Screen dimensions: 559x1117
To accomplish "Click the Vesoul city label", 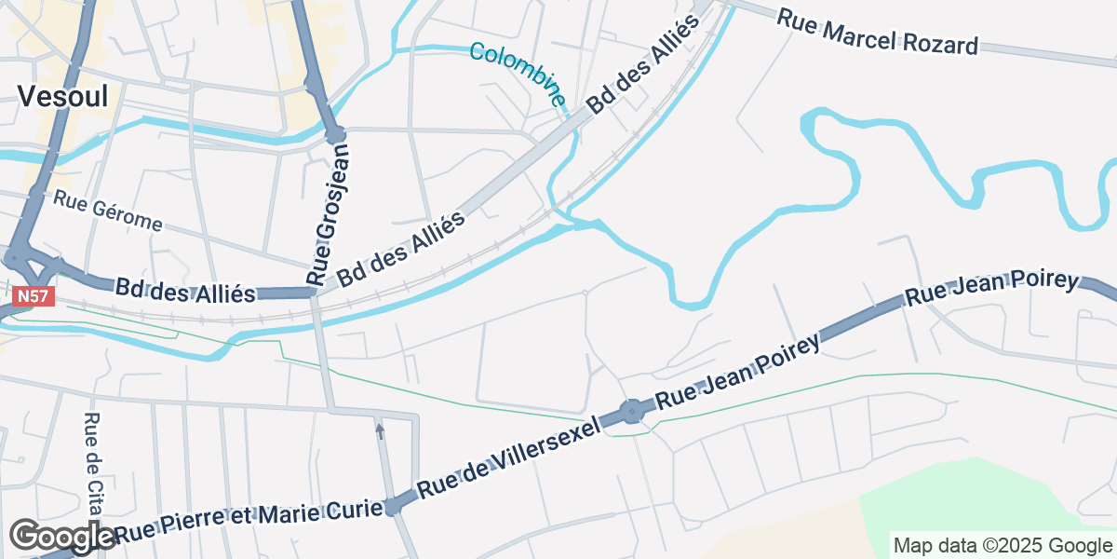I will (x=62, y=95).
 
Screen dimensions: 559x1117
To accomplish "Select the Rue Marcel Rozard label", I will (x=878, y=32).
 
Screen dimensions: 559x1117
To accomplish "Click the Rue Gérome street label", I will (x=108, y=211).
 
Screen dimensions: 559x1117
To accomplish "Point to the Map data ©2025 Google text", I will (x=1003, y=545).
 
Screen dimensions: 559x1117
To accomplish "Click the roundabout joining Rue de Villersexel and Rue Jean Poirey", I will (x=633, y=410).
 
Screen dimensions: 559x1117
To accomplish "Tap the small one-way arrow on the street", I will (x=379, y=430).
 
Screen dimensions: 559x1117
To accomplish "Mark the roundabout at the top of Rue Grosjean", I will (x=335, y=136).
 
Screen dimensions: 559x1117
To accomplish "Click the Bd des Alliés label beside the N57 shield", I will (x=185, y=291).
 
